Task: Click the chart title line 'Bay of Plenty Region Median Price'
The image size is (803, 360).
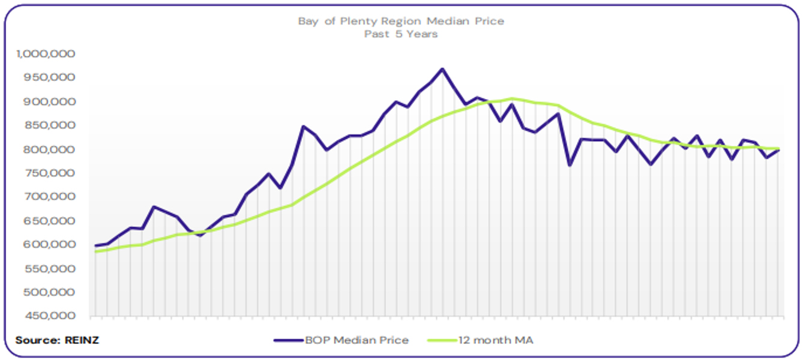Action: pos(401,21)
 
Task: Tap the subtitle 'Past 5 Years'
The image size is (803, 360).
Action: pos(401,34)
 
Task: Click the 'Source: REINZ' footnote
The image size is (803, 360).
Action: pos(57,340)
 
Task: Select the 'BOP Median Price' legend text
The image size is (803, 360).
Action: pos(356,340)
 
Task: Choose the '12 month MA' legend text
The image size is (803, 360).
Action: pos(495,340)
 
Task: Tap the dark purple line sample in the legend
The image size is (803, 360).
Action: pos(287,340)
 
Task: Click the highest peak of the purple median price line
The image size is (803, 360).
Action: pos(442,69)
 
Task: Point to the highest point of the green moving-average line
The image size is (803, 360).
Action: pos(512,98)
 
